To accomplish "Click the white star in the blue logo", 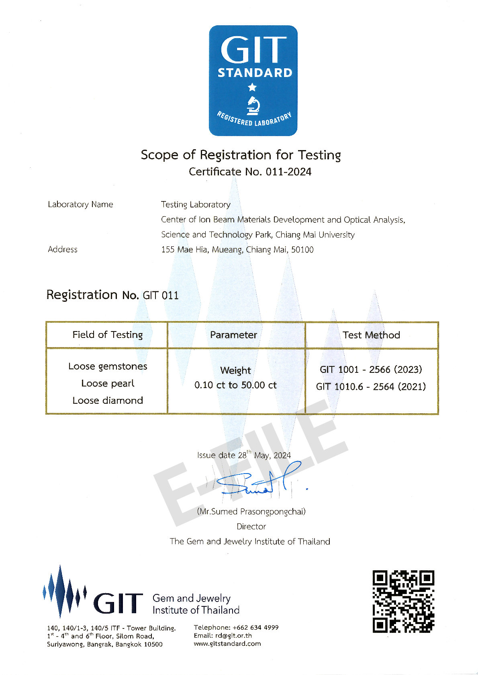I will click(252, 87).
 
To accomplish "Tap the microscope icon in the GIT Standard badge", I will click(253, 105).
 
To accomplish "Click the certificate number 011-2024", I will click(288, 172).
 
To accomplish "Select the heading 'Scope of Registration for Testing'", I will click(241, 155).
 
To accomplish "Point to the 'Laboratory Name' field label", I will click(80, 204).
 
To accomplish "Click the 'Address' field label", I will click(63, 249).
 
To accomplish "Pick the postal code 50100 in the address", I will click(302, 250).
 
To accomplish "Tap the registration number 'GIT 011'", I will click(161, 295).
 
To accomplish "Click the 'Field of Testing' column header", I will click(107, 335).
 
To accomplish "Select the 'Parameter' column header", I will click(233, 335).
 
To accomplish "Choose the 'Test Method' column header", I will click(371, 335).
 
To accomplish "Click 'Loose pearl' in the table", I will click(108, 383).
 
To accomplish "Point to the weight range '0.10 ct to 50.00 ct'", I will click(235, 385).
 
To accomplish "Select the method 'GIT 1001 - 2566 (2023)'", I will click(371, 369).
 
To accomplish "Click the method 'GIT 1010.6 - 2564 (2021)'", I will click(371, 386).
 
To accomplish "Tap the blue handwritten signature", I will click(257, 482).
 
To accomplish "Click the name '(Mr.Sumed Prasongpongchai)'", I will click(251, 511).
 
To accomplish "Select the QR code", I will click(403, 601).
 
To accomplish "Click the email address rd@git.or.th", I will click(234, 635).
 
